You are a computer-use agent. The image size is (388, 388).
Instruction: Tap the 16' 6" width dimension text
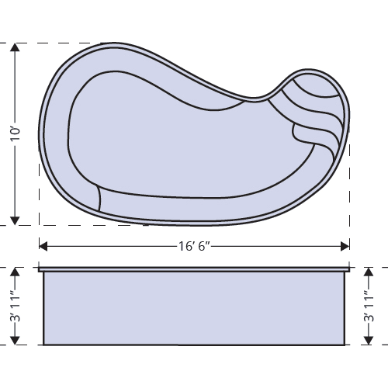tap(195, 247)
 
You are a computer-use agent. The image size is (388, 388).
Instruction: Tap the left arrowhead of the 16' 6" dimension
tap(43, 247)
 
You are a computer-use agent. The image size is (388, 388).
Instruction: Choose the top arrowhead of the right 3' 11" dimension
tap(369, 272)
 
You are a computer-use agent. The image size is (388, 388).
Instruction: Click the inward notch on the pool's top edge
tap(264, 98)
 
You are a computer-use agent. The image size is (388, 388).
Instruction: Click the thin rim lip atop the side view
tap(194, 270)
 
